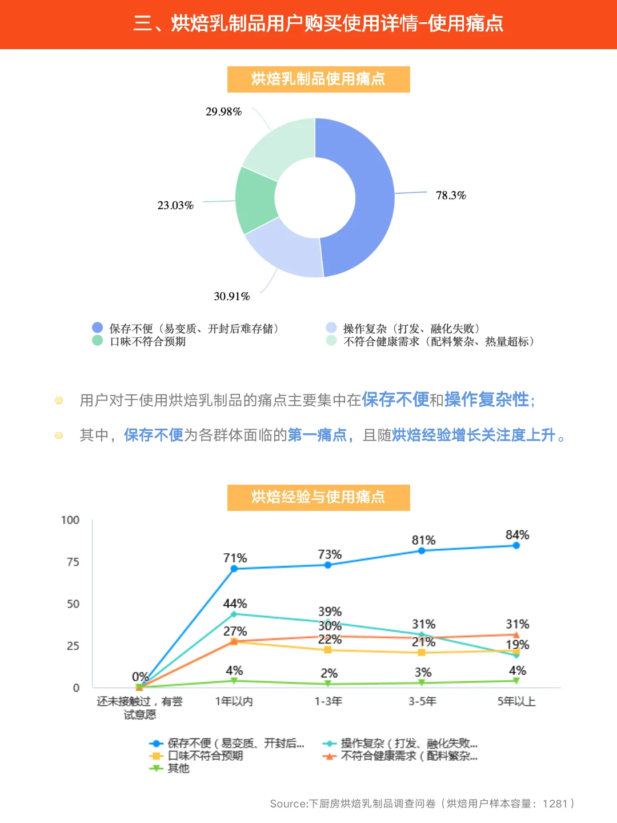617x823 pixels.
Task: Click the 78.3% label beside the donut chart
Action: (x=451, y=195)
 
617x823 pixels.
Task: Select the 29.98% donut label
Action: (x=223, y=111)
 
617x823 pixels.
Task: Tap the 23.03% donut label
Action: (x=175, y=205)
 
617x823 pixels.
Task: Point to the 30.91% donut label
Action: (x=232, y=296)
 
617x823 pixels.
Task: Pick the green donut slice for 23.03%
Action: (x=256, y=200)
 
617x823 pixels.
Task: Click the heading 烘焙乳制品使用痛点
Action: (x=318, y=79)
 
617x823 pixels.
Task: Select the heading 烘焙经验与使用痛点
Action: (x=318, y=497)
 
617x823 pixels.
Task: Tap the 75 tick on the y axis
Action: (x=73, y=562)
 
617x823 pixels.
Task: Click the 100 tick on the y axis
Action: (x=70, y=520)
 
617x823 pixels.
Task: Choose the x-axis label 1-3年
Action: (x=328, y=701)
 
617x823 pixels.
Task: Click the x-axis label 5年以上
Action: (x=516, y=701)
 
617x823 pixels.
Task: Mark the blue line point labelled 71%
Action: (x=234, y=569)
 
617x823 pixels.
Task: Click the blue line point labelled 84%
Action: (x=516, y=545)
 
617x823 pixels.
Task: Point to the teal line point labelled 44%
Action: (x=234, y=614)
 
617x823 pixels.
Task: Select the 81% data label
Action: (x=423, y=540)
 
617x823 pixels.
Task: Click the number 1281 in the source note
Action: (x=555, y=804)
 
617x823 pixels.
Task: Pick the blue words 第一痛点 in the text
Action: (x=317, y=435)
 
